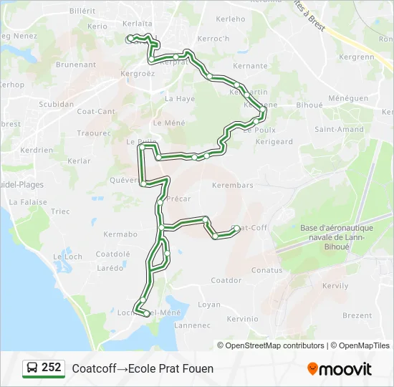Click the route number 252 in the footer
point(51,368)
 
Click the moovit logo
point(340,369)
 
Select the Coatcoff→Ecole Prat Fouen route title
point(143,368)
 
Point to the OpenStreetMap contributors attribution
point(275,345)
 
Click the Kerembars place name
point(233,185)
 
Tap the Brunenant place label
point(75,64)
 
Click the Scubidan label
point(56,104)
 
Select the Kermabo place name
point(120,234)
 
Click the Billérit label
point(82,11)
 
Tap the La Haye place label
point(180,99)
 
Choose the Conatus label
point(267,270)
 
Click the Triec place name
point(61,211)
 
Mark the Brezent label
point(357,315)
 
